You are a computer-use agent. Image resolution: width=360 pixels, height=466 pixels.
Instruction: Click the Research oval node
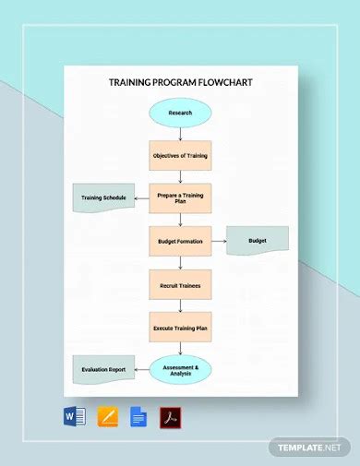[180, 114]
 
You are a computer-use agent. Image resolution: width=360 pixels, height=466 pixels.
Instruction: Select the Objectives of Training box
[180, 155]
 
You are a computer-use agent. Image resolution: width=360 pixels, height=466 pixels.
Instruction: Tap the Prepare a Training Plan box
[180, 198]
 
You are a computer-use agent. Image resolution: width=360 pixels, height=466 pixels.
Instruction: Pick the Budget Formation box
[180, 242]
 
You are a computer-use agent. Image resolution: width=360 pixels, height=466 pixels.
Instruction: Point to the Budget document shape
[257, 241]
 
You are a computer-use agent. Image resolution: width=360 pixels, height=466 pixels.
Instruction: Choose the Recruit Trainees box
[180, 285]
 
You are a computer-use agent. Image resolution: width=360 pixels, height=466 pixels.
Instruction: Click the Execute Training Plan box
[180, 329]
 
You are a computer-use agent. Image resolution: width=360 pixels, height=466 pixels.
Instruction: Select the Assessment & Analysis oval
[180, 371]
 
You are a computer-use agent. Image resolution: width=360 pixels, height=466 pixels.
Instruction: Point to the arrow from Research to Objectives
[180, 134]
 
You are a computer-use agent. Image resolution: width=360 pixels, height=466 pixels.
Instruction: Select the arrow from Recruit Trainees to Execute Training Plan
[180, 307]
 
